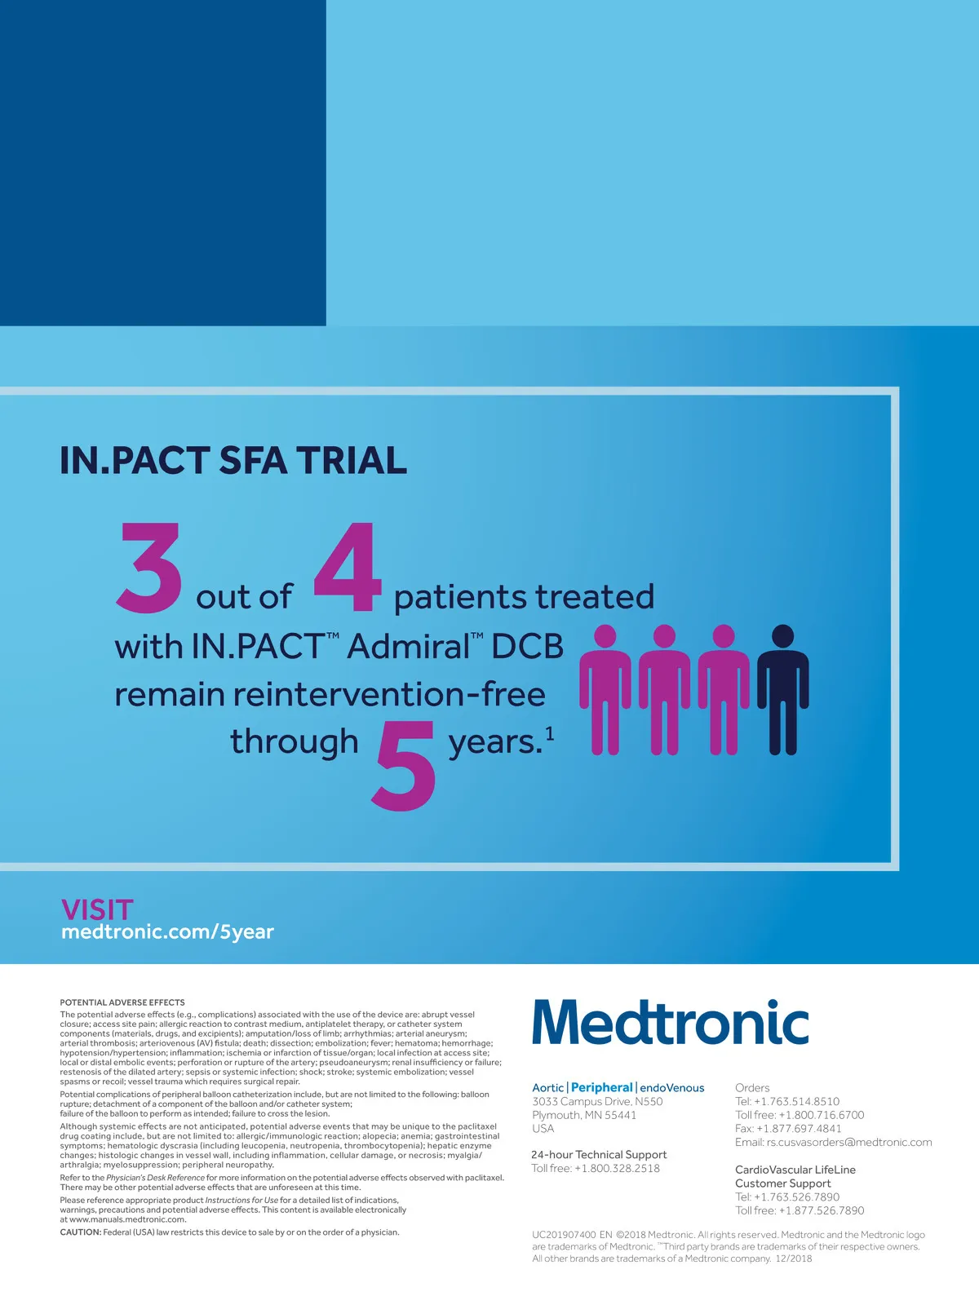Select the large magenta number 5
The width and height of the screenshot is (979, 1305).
point(404,766)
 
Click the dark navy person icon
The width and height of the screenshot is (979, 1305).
point(783,690)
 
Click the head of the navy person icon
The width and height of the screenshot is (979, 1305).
point(783,635)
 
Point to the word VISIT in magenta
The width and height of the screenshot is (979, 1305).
point(97,910)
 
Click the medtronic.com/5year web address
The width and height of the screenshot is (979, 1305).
point(167,931)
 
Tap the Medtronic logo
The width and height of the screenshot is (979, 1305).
point(671,1021)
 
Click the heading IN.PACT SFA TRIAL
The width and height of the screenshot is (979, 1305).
point(233,460)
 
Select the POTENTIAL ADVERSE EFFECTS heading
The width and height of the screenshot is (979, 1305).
point(122,1002)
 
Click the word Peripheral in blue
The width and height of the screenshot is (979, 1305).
point(601,1087)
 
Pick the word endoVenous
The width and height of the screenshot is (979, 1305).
point(671,1087)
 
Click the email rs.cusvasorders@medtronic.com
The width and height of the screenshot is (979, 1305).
point(848,1142)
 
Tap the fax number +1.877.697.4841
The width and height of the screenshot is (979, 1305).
point(799,1128)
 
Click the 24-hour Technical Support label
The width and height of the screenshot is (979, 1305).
point(599,1154)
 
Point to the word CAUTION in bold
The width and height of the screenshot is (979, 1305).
point(80,1232)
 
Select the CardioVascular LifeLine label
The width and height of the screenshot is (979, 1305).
point(795,1170)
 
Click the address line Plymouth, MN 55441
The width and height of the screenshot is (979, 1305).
point(584,1115)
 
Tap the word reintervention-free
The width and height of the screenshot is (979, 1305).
point(389,695)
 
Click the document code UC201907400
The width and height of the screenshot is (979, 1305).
point(564,1235)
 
